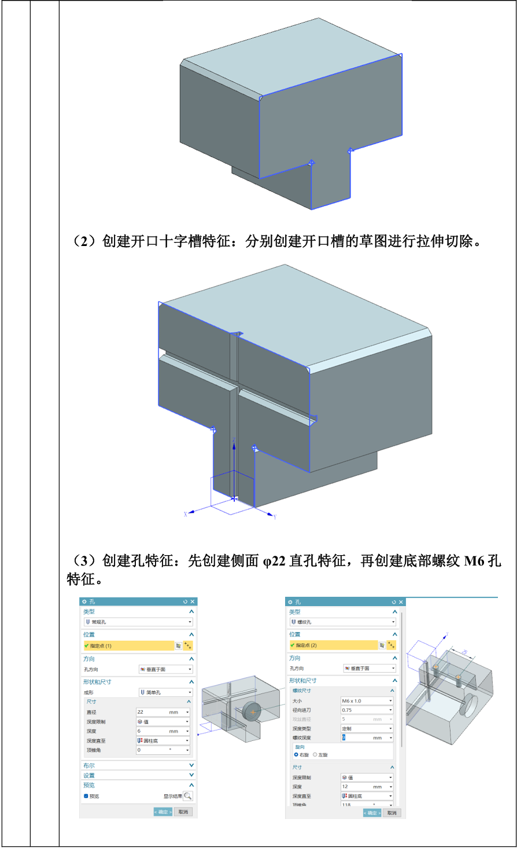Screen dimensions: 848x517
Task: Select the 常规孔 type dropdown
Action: point(138,622)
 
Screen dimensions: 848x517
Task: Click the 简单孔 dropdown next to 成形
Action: point(165,692)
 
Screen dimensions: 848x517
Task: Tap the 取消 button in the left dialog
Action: point(183,812)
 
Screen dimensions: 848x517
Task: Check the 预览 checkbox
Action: point(86,796)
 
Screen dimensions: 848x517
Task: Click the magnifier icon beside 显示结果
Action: point(187,796)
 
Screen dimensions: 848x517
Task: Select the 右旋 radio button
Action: point(296,755)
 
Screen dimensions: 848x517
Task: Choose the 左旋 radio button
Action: point(315,755)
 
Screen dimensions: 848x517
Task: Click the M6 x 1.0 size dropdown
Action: point(367,701)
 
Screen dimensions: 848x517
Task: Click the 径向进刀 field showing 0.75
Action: point(367,710)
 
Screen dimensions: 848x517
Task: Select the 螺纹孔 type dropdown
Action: point(342,622)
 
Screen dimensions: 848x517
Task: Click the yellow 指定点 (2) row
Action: point(333,645)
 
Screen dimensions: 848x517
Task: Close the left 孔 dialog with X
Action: point(193,602)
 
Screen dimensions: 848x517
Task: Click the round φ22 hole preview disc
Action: point(252,711)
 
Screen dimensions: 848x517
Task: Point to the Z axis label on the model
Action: point(234,441)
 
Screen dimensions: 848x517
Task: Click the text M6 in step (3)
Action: point(474,561)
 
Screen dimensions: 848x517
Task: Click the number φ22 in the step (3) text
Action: point(274,561)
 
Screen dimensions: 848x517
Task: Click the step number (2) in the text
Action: point(85,241)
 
